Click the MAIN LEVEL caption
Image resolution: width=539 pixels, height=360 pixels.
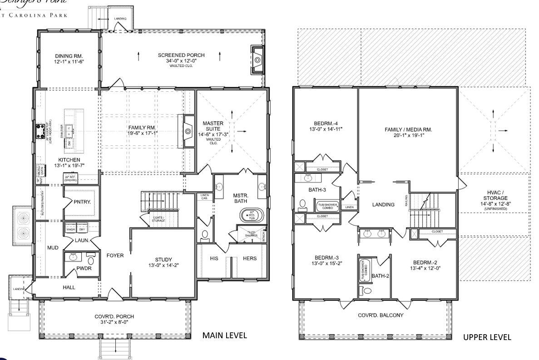click(x=224, y=335)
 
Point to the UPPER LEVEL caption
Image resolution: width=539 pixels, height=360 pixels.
click(x=487, y=337)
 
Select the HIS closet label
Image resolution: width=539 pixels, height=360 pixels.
click(x=215, y=258)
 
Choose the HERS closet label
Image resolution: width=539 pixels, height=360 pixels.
click(x=249, y=258)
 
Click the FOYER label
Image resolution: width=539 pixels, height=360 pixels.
click(x=115, y=256)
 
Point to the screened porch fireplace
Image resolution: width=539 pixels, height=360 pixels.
click(x=257, y=59)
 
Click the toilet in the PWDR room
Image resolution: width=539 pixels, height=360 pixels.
click(x=90, y=261)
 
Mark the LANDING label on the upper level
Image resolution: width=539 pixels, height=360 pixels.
click(x=383, y=205)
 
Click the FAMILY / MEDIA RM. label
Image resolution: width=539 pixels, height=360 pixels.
click(x=408, y=129)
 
